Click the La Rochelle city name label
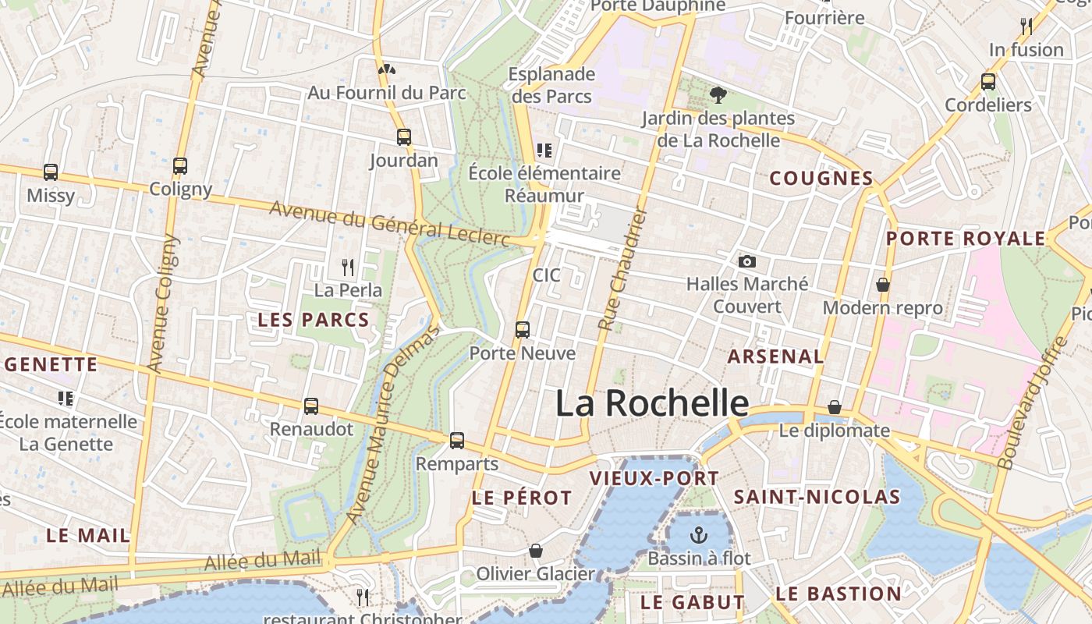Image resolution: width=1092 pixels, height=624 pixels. (652, 403)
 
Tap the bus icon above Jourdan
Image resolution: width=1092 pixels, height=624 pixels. (404, 137)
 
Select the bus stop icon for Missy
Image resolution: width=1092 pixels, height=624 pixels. (51, 172)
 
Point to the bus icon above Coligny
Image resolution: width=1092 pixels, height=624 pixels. (180, 166)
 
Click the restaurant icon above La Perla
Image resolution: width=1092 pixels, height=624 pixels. (348, 268)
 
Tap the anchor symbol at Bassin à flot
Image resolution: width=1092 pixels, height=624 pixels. (699, 535)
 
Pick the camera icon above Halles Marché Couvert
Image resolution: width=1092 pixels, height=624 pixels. (747, 261)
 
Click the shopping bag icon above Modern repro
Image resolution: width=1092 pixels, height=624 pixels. (883, 285)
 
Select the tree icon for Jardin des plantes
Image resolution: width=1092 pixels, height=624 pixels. (718, 95)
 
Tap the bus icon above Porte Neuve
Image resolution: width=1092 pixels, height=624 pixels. (523, 330)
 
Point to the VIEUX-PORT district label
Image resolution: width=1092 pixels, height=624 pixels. (654, 479)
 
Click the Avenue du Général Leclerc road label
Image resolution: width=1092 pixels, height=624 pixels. (389, 223)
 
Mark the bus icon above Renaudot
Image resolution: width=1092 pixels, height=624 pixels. (311, 406)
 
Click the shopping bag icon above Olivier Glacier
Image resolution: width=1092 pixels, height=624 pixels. (536, 551)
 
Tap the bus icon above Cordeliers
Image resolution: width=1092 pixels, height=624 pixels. (988, 81)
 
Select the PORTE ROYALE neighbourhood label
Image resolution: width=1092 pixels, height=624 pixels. (966, 239)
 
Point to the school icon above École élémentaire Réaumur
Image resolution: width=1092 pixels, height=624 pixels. (544, 150)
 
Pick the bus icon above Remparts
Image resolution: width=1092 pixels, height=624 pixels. (457, 441)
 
